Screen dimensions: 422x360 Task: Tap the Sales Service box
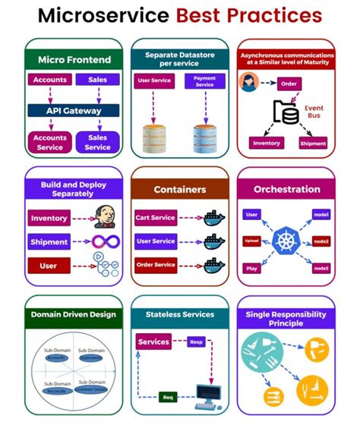(98, 142)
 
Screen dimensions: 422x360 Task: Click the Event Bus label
(314, 112)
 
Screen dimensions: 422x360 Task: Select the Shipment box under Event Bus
(313, 142)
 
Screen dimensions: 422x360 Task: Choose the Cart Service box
(156, 218)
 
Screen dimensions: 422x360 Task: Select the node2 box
(321, 241)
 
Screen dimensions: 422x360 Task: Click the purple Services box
(154, 342)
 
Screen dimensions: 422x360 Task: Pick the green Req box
(169, 396)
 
